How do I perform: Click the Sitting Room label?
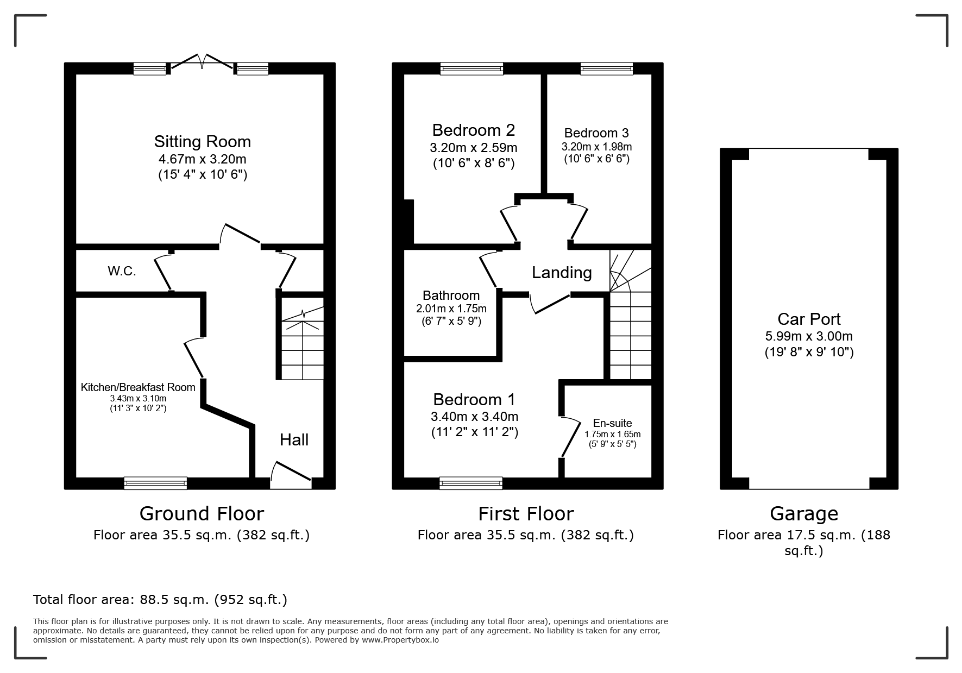pos(202,142)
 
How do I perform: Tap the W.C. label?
pos(122,271)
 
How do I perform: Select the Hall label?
pos(294,440)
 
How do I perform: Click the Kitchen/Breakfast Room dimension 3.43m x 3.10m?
pos(138,398)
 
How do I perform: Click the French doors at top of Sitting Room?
pos(202,62)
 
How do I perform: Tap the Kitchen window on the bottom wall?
pos(155,483)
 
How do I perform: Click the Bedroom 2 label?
pos(473,130)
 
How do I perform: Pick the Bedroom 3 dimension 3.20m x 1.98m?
pos(596,147)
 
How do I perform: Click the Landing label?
pos(562,273)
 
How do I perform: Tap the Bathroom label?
pos(451,295)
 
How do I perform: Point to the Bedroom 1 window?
pos(471,482)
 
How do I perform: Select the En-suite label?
pos(612,423)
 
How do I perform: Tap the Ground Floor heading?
pos(202,513)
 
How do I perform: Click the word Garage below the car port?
pos(803,513)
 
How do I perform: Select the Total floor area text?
pos(160,600)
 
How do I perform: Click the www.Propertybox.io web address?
pos(400,640)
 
